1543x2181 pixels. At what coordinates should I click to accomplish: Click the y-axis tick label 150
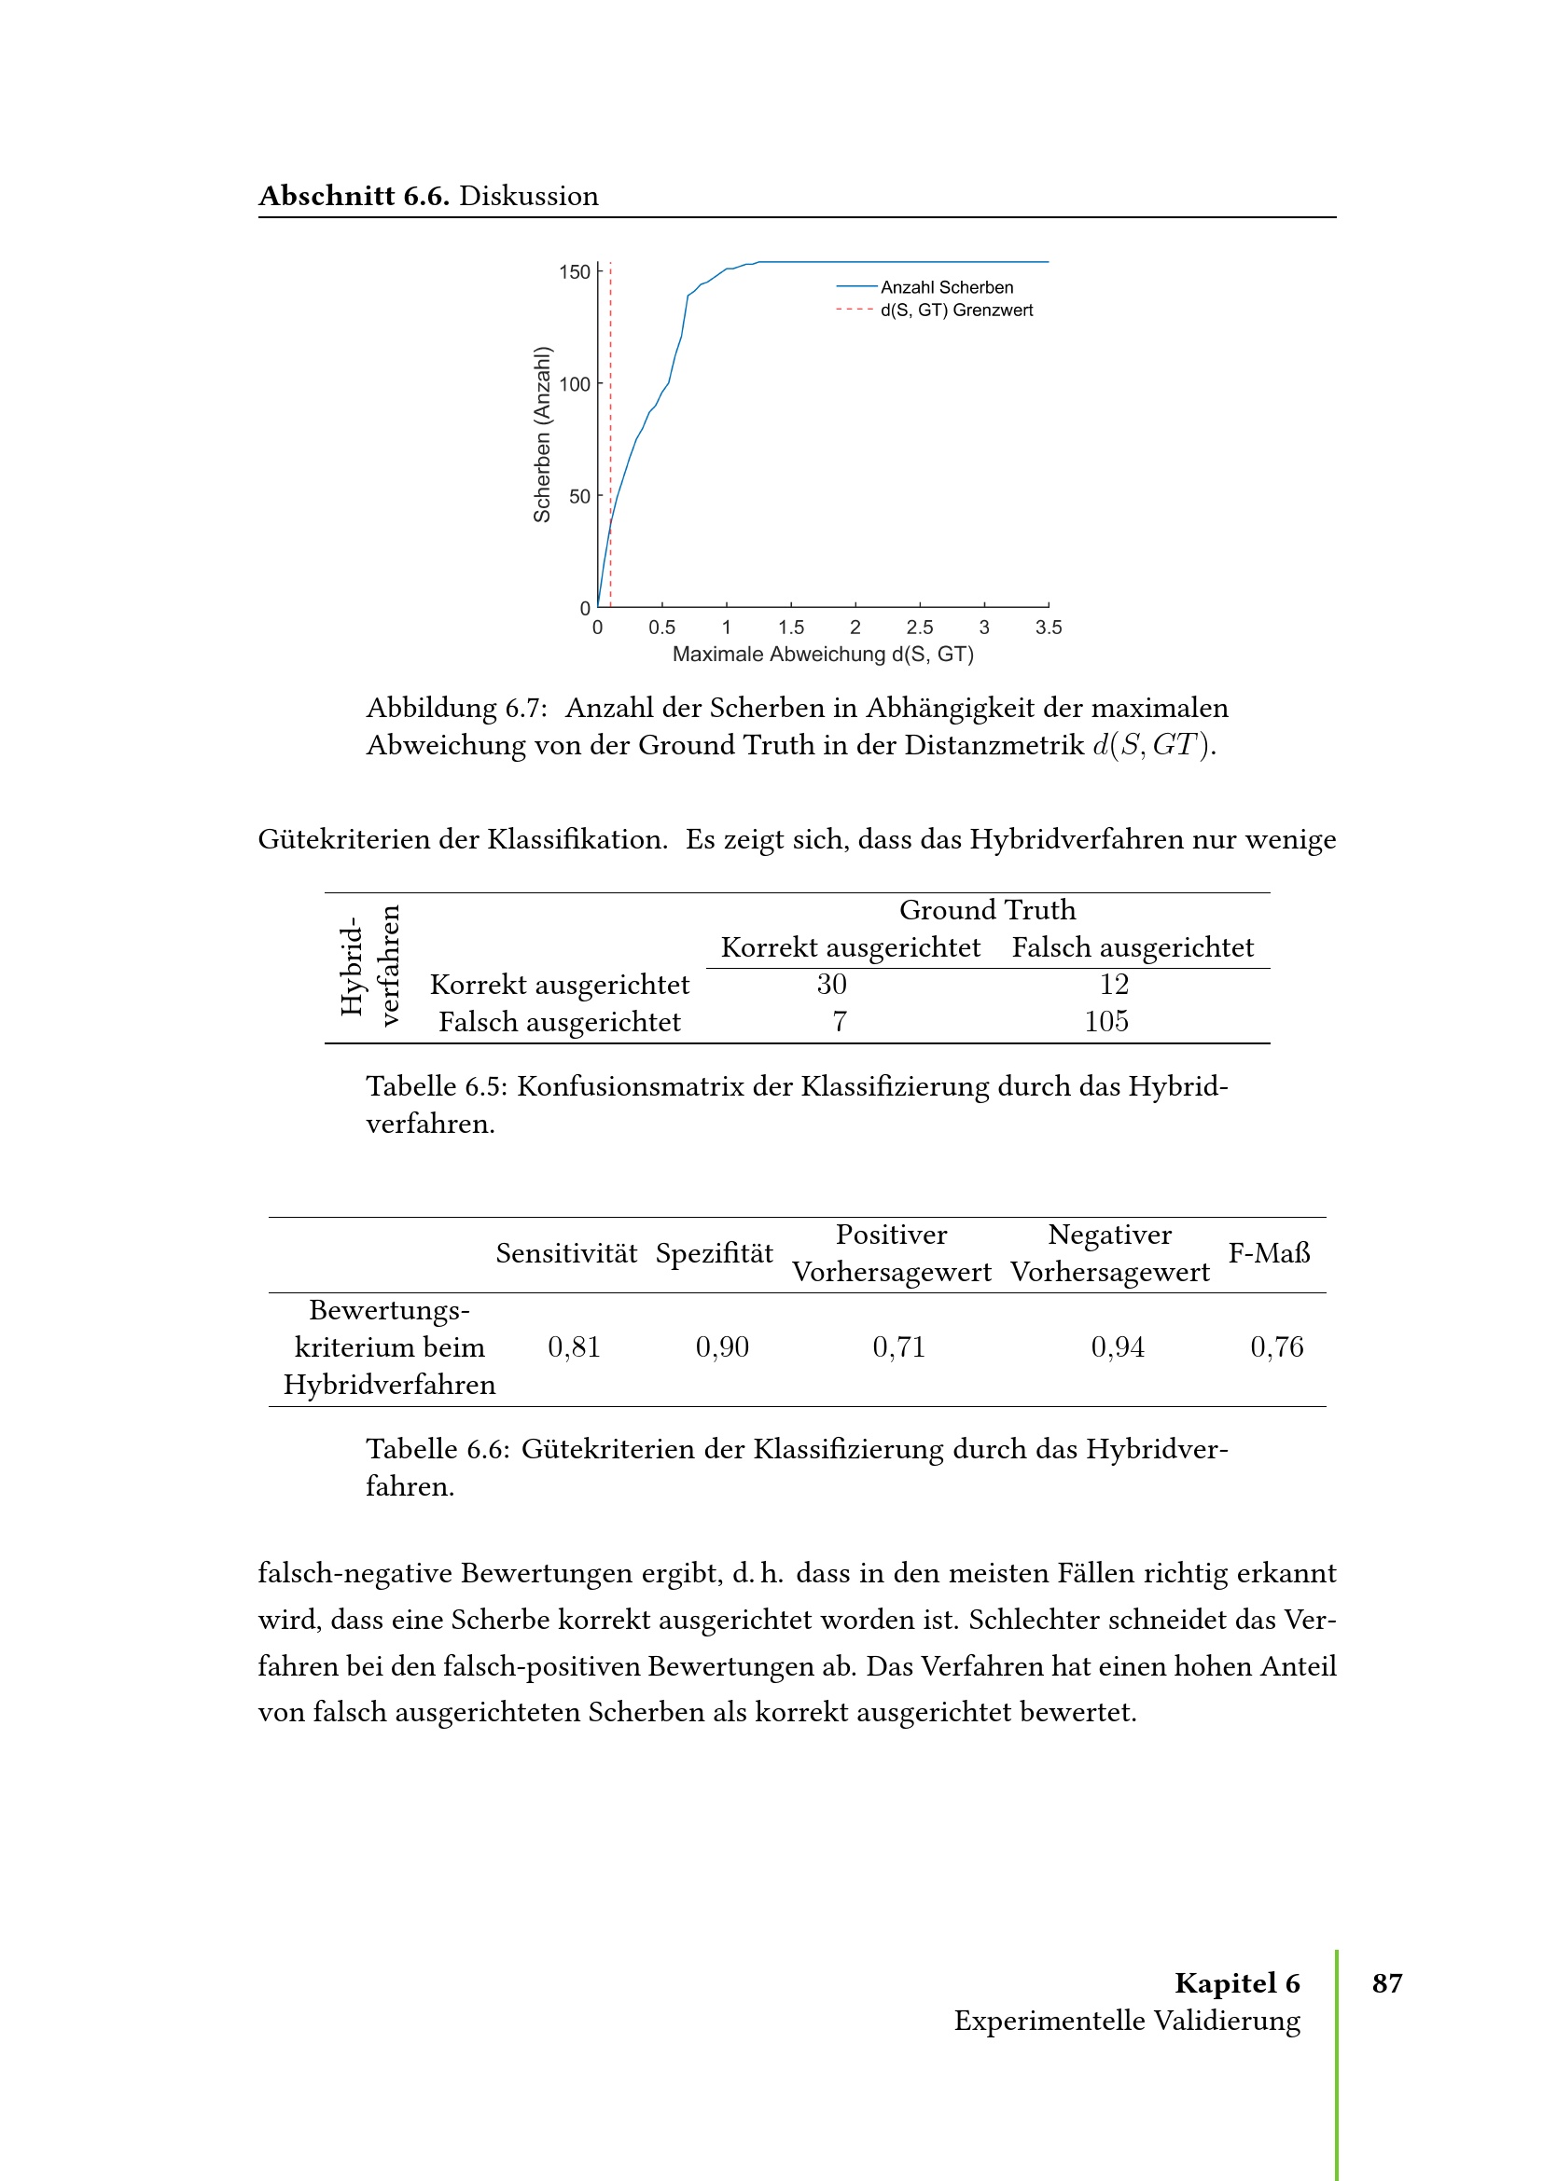(574, 272)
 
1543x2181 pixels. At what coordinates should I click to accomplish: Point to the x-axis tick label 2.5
(919, 628)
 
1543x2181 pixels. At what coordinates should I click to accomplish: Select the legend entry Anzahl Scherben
(946, 287)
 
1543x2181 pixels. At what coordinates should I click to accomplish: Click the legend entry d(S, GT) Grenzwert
(956, 311)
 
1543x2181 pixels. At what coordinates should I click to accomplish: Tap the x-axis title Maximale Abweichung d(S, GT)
(823, 655)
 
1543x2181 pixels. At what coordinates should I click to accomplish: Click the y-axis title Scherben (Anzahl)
(543, 435)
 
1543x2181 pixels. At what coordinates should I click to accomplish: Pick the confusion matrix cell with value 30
(831, 984)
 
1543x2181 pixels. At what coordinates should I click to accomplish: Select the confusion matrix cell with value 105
(1106, 1021)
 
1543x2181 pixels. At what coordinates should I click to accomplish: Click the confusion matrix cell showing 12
(1114, 984)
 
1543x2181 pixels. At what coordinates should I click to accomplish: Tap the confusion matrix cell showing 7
(839, 1021)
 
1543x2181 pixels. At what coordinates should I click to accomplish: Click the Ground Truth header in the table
(987, 910)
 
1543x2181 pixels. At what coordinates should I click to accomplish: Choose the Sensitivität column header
(566, 1253)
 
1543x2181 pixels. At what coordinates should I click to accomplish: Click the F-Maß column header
(1269, 1253)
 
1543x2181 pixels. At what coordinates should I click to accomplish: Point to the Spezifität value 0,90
(722, 1347)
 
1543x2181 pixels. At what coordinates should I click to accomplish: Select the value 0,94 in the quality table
(1118, 1347)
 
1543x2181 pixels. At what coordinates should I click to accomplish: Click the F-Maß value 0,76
(1276, 1347)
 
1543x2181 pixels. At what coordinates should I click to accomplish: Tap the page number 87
(1387, 1982)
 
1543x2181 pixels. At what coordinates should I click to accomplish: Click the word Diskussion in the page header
(528, 196)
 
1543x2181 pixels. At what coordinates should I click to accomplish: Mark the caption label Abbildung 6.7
(456, 708)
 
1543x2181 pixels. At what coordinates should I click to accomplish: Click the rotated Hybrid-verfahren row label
(369, 965)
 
